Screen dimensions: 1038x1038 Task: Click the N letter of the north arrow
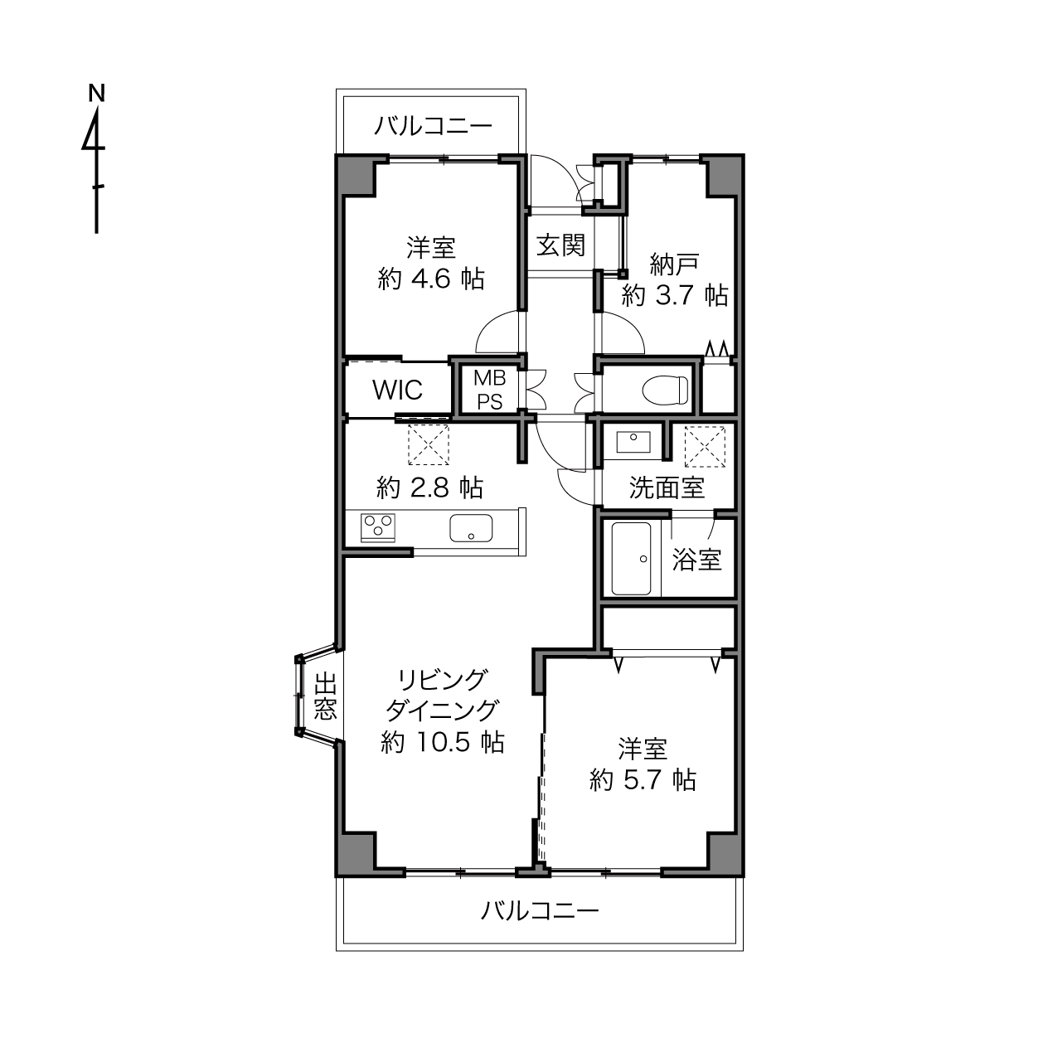96,93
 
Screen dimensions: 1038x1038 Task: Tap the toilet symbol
666,389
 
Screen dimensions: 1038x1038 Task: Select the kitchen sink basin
471,527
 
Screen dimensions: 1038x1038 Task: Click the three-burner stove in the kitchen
377,527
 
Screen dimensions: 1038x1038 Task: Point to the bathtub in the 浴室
631,559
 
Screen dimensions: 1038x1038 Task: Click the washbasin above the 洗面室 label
633,442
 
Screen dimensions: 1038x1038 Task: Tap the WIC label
397,390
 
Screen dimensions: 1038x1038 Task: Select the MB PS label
490,390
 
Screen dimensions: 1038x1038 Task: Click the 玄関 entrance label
560,245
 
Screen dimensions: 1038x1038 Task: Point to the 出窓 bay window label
325,696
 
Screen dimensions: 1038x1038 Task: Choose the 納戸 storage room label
675,264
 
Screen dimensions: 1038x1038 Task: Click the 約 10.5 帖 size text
442,742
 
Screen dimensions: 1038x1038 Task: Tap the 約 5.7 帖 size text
643,779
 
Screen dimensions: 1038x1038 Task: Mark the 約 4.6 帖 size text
431,279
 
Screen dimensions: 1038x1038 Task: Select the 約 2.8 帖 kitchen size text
429,487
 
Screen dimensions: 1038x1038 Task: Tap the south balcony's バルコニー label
540,911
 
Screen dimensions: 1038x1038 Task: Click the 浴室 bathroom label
696,560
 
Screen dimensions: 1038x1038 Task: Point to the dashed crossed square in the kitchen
429,444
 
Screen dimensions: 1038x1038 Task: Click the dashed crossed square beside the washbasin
705,447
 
